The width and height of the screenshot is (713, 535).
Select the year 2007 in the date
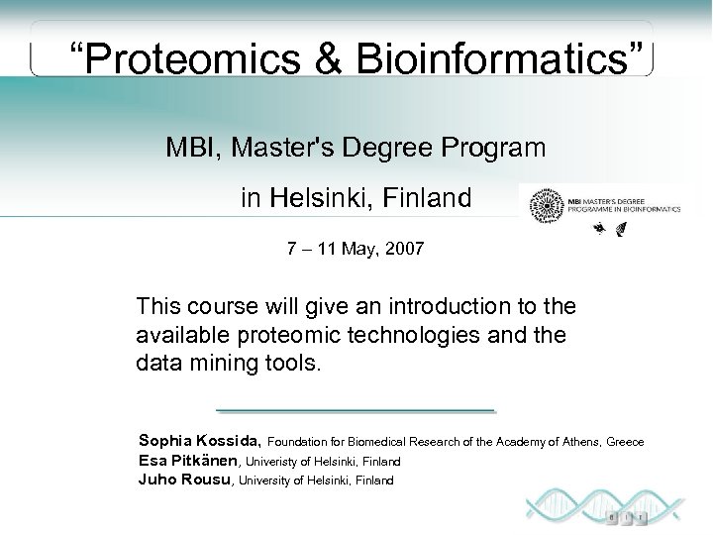pos(404,249)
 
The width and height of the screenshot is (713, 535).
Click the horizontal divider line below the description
pos(355,409)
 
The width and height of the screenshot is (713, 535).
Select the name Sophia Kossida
pos(200,441)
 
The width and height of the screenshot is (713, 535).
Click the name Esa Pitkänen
pos(188,461)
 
